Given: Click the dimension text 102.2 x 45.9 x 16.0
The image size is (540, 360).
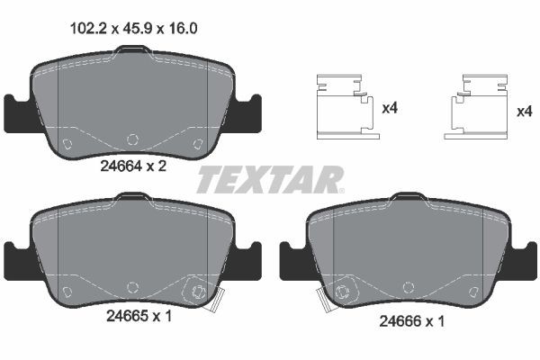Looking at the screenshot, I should click(133, 28).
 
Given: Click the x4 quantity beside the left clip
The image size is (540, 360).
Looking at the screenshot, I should click(390, 109).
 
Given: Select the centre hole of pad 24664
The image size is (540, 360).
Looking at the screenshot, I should click(132, 139).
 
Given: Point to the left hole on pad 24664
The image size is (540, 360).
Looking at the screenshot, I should click(66, 143).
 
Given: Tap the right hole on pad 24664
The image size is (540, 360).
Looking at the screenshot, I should click(198, 143).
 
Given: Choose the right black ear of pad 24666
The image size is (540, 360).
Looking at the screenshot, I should click(525, 261).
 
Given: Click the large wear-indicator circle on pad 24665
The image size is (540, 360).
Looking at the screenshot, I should click(198, 292).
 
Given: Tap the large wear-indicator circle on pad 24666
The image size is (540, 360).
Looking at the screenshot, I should click(340, 293).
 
